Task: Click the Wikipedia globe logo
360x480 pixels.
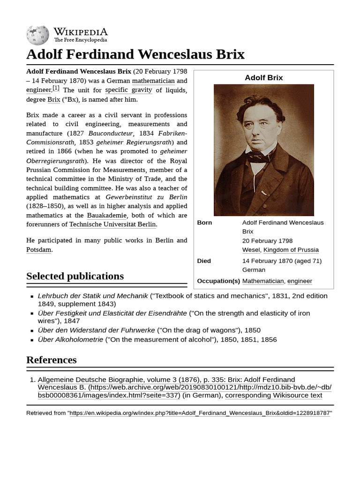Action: coord(37,35)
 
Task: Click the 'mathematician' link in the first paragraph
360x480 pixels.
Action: coord(153,81)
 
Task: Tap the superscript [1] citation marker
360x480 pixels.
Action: coord(56,88)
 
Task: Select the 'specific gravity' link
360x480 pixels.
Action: coord(128,90)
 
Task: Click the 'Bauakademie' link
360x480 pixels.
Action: coord(107,216)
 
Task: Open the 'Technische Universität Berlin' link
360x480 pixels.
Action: coord(112,225)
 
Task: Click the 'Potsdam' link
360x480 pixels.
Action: coord(38,249)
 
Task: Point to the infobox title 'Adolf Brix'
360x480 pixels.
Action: coord(264,78)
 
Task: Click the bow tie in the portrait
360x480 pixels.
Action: coord(259,158)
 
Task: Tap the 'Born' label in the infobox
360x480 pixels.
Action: coord(204,223)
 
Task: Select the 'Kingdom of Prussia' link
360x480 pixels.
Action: coord(291,250)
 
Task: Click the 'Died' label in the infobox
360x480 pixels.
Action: coord(204,261)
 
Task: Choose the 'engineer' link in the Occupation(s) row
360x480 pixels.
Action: coord(300,281)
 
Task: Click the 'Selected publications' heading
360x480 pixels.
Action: coord(75,276)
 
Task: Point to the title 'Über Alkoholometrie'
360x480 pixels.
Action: coord(70,340)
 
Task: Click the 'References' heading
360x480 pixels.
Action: coord(52,360)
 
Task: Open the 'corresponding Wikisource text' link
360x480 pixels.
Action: coord(273,396)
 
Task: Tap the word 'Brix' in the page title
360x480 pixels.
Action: coord(230,54)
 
